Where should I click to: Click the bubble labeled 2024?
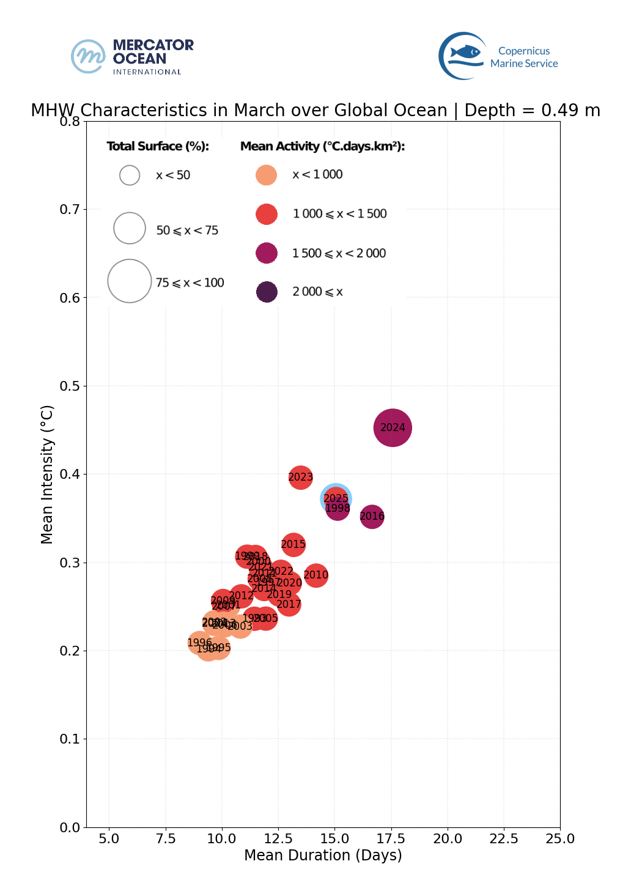click(393, 427)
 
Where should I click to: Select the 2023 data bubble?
click(300, 477)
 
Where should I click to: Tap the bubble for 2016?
click(372, 517)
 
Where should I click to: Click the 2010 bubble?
click(315, 575)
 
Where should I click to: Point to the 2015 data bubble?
click(293, 544)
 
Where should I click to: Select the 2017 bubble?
click(289, 605)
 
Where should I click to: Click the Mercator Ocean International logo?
click(132, 56)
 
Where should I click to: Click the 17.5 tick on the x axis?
click(391, 838)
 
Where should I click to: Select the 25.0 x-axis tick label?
click(559, 838)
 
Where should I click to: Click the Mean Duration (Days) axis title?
click(323, 855)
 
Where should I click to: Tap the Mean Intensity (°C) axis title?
click(47, 474)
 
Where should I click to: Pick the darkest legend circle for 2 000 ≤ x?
click(267, 292)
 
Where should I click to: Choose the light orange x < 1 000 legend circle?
click(267, 175)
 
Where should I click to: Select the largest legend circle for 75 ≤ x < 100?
click(130, 281)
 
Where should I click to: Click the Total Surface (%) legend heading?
click(158, 146)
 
